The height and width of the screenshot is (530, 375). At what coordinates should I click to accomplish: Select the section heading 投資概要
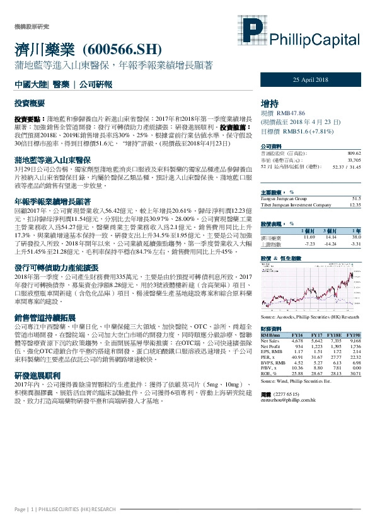pyautogui.click(x=31, y=101)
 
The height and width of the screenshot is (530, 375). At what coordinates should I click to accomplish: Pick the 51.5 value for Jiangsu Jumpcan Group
pyautogui.click(x=356, y=198)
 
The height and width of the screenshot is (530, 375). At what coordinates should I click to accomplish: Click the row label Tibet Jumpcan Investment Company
pyautogui.click(x=296, y=205)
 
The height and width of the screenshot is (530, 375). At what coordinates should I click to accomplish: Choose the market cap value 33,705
pyautogui.click(x=354, y=160)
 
